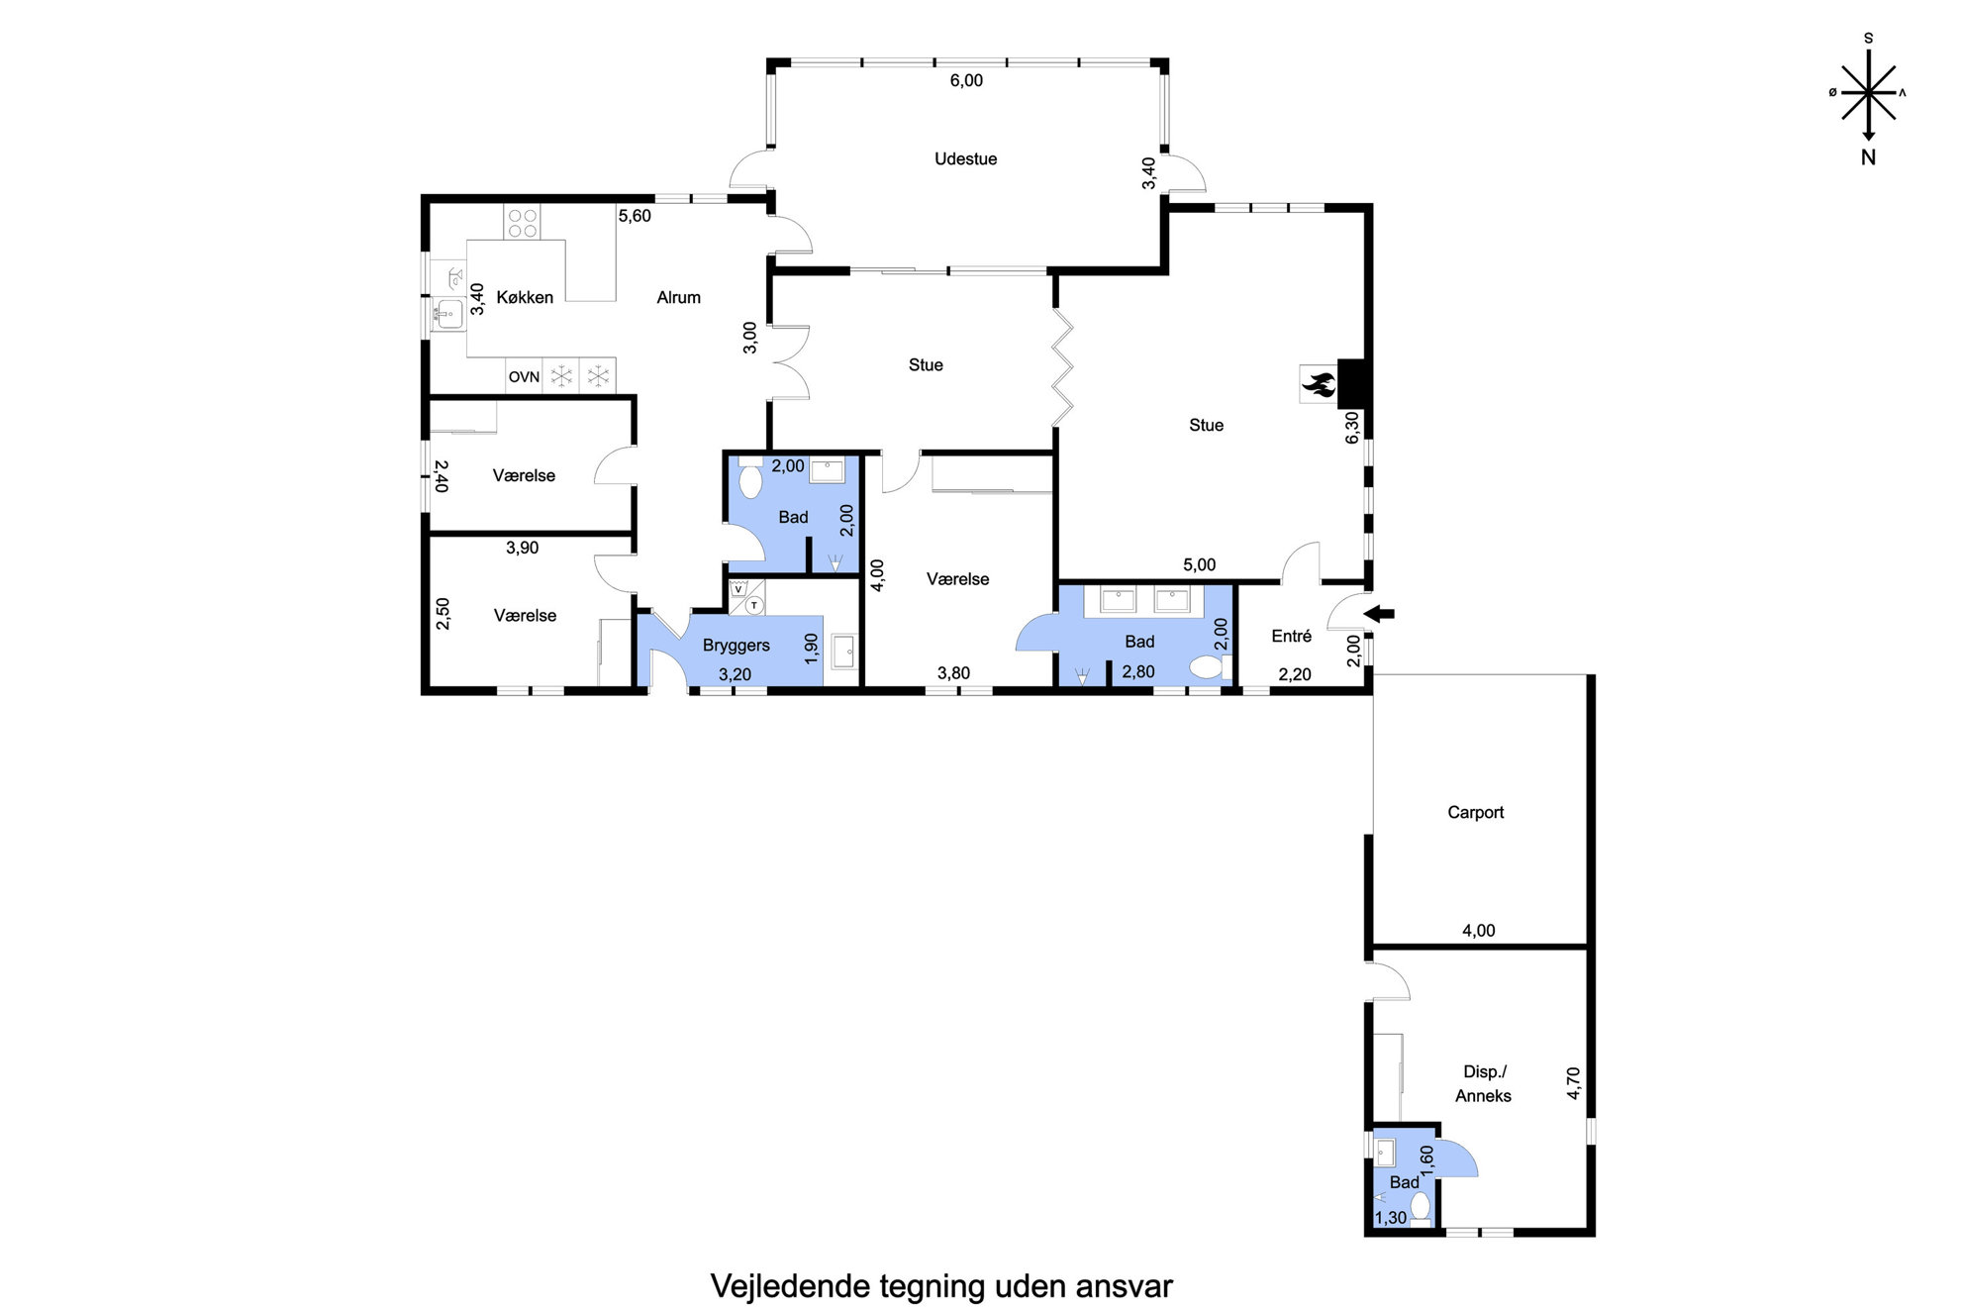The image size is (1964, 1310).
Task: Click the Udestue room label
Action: (x=965, y=158)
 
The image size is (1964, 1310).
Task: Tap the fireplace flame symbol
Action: (x=1319, y=383)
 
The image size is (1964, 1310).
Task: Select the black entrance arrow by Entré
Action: (x=1379, y=614)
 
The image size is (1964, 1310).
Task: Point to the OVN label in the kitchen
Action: (x=524, y=376)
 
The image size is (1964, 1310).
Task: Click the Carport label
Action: (x=1475, y=812)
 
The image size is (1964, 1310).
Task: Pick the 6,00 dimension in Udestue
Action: (x=966, y=80)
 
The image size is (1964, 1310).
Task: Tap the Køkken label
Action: (x=525, y=297)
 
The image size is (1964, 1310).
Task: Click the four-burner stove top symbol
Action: (x=523, y=223)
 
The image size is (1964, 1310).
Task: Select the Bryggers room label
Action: (x=736, y=646)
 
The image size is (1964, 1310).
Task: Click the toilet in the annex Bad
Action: (x=1421, y=1205)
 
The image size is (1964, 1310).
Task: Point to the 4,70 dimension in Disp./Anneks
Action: (x=1574, y=1083)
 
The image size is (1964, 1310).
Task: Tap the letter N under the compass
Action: (x=1868, y=156)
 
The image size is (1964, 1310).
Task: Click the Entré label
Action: (x=1291, y=636)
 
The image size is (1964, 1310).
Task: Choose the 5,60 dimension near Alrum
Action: (x=635, y=216)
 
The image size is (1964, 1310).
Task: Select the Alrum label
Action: (x=678, y=297)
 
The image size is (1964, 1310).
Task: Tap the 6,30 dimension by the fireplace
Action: (x=1352, y=428)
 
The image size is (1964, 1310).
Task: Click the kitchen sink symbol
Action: (x=447, y=315)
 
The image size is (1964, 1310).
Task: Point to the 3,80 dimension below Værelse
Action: (x=953, y=673)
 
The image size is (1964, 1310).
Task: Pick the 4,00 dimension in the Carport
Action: (x=1478, y=931)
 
